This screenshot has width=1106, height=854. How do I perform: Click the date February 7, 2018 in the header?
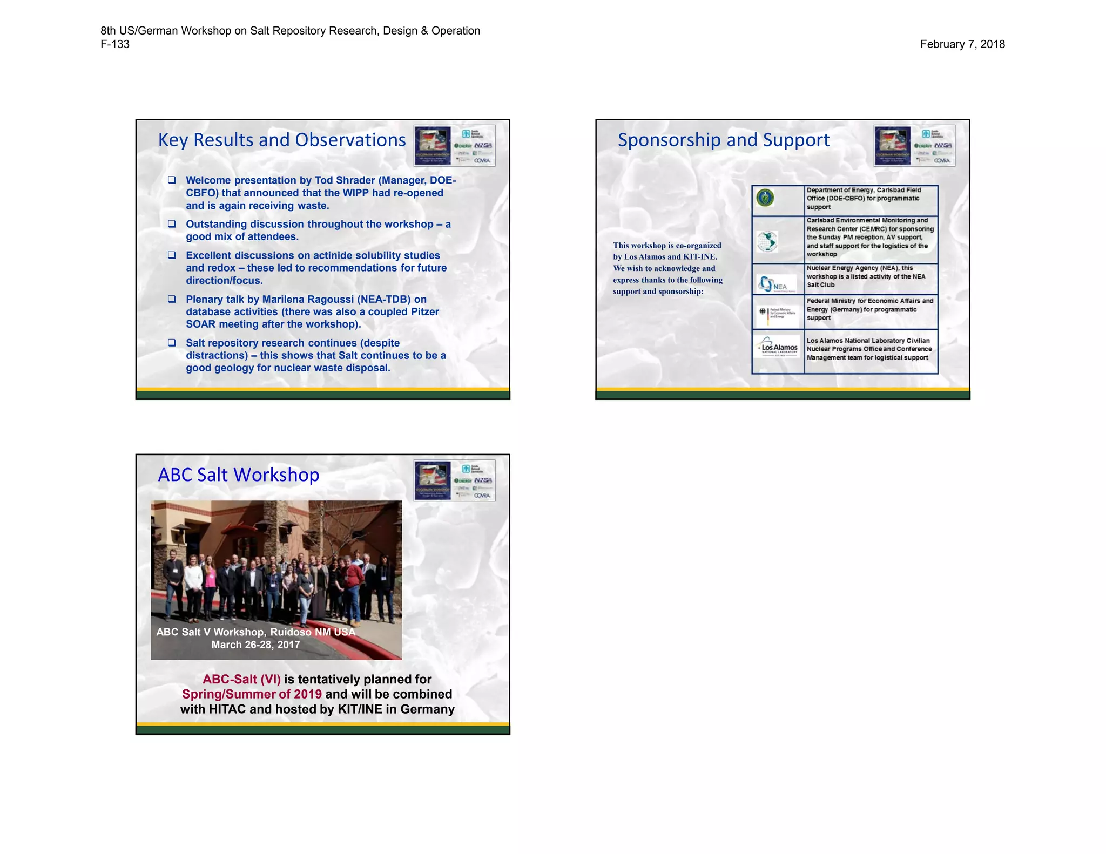pos(962,44)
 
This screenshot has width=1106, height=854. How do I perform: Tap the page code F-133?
pos(115,44)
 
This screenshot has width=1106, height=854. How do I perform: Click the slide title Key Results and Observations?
pos(281,140)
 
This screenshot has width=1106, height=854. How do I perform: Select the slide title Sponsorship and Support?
pos(723,140)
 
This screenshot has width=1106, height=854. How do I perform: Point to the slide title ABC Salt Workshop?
pos(238,475)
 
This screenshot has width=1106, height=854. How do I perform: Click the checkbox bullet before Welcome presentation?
pos(172,180)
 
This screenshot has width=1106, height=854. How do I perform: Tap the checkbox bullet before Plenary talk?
pos(172,299)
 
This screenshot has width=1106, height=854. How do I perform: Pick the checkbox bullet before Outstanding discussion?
pos(172,223)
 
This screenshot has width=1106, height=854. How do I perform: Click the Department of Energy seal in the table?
pos(765,198)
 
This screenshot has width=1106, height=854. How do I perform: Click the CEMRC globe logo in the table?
pos(767,241)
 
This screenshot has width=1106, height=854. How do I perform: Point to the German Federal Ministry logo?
pos(775,313)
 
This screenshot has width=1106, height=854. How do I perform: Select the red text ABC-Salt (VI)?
pos(241,679)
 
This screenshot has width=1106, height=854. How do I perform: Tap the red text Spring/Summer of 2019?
pos(252,694)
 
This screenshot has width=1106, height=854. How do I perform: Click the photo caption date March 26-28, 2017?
pos(255,645)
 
